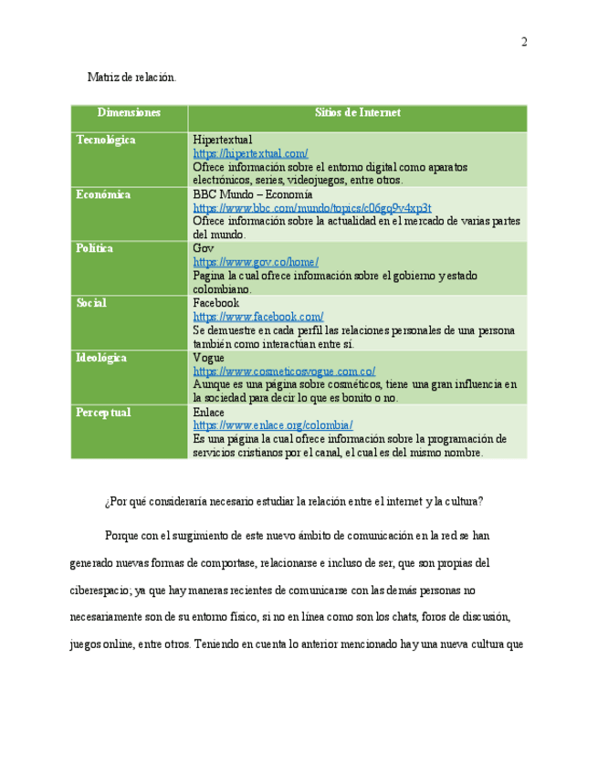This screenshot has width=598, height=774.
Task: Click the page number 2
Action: coord(524,42)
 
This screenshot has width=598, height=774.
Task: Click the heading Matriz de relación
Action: coord(131,78)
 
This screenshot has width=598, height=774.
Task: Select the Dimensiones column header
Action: coord(129,112)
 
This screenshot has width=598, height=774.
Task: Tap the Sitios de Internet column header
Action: coord(357,112)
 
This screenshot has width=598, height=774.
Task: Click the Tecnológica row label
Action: coord(106,140)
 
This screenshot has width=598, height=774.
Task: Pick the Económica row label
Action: coord(103,194)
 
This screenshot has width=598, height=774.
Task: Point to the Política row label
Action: coord(95,248)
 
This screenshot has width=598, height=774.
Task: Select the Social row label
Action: coord(91,303)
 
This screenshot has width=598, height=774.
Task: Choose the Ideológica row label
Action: coord(101,358)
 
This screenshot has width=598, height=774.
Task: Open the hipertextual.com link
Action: coord(250,153)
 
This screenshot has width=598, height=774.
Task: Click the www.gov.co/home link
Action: coord(256,262)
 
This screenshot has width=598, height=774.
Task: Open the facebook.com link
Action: coord(257,317)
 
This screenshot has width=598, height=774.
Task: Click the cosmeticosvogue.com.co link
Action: coord(284,371)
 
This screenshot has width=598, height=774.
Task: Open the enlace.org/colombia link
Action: coord(272,425)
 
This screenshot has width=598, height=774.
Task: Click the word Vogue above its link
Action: coord(208,358)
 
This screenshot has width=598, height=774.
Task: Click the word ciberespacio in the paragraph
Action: coord(102,589)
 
